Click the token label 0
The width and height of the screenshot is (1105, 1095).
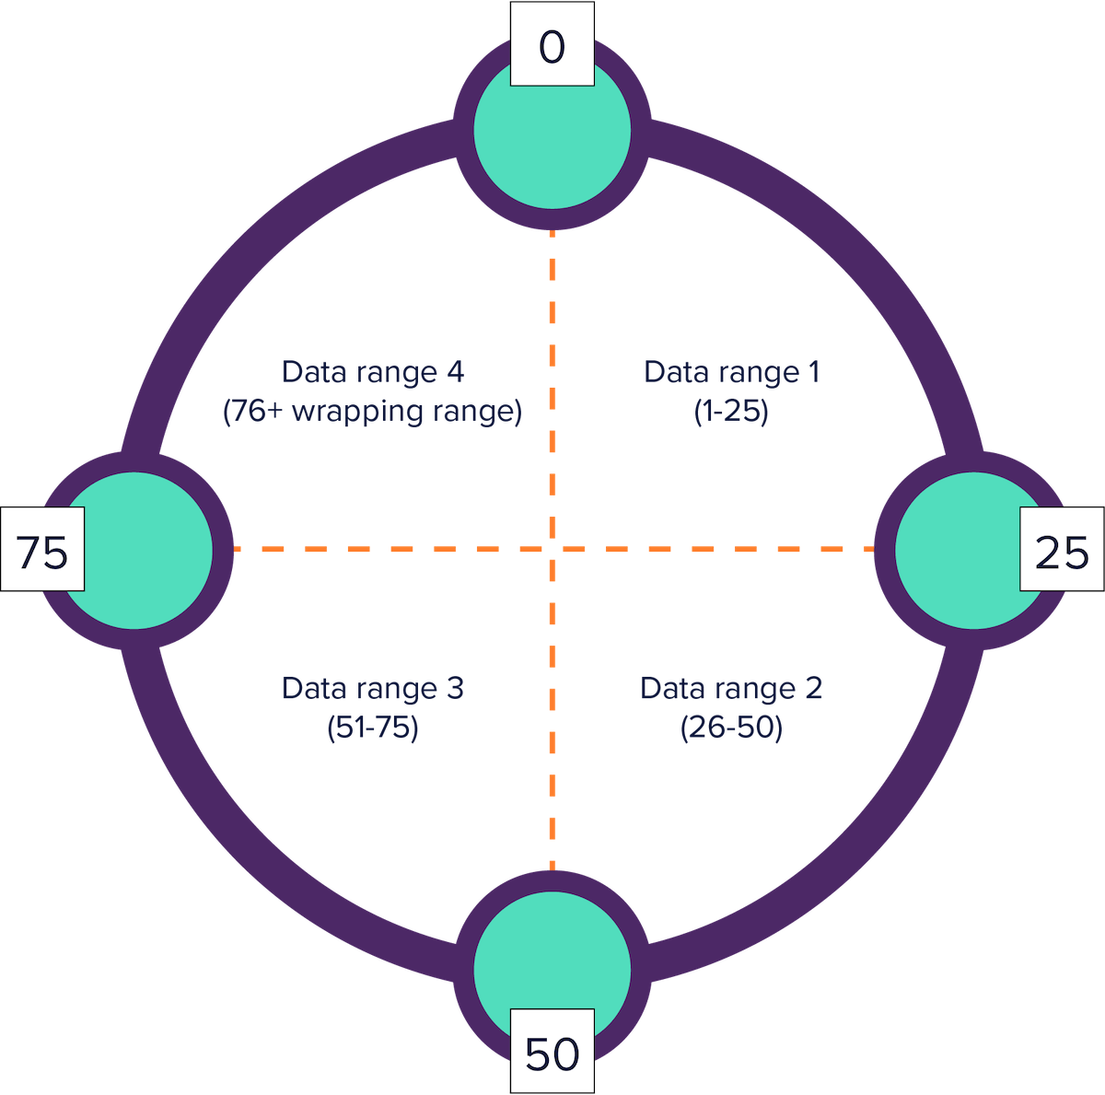(552, 47)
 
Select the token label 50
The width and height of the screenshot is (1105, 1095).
(552, 1053)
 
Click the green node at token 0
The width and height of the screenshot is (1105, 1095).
(552, 138)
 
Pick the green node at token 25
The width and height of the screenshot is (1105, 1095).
(958, 550)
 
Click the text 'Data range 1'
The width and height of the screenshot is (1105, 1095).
(731, 372)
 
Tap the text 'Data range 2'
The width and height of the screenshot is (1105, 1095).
(731, 688)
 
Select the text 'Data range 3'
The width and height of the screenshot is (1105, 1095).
(373, 688)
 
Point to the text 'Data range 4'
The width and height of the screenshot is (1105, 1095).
(373, 372)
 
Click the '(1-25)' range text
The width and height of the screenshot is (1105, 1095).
(731, 411)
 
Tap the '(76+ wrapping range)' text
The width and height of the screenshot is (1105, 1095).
(373, 411)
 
